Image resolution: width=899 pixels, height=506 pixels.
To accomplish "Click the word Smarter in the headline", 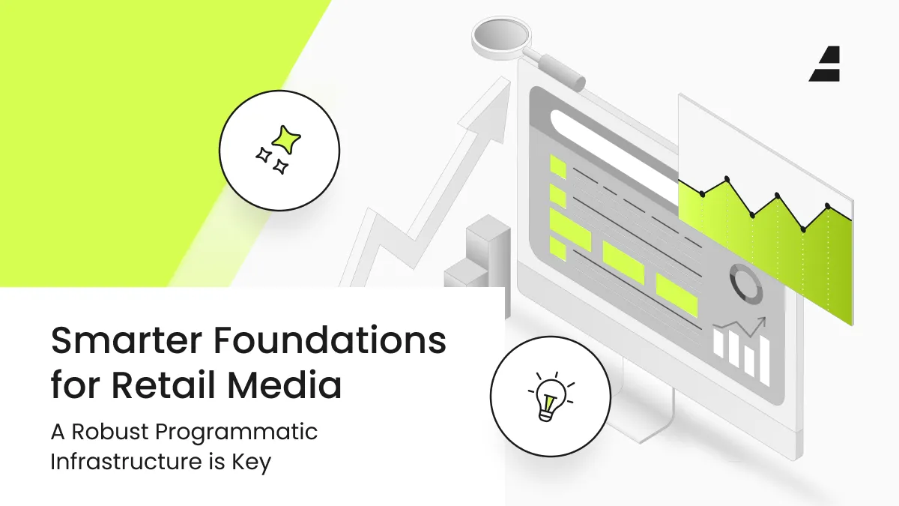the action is point(127,340).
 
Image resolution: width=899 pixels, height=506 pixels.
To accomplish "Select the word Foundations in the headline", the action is point(330,340).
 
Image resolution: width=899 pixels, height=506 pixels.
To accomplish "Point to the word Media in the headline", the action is point(285,385).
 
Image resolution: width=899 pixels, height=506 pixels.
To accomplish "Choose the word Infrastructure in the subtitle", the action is point(126,461).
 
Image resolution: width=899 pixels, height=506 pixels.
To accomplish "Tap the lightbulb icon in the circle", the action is point(550,397).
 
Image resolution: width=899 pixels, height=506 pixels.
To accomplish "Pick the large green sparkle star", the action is point(286,139).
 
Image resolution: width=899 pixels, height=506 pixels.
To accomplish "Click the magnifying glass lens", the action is point(501,35).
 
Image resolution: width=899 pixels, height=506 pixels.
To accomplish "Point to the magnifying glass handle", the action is point(561,71).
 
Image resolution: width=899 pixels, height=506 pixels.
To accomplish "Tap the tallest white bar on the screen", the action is point(765,362).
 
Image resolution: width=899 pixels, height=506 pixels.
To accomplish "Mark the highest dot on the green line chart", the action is point(727,178).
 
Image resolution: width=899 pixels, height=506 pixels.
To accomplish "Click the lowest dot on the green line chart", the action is point(803,229).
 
